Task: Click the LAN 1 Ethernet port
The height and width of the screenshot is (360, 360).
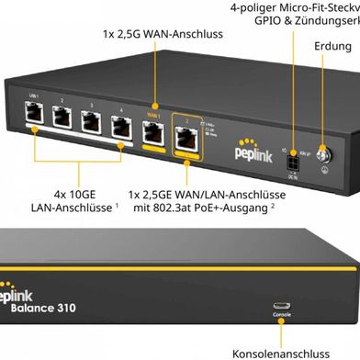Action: point(36,114)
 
